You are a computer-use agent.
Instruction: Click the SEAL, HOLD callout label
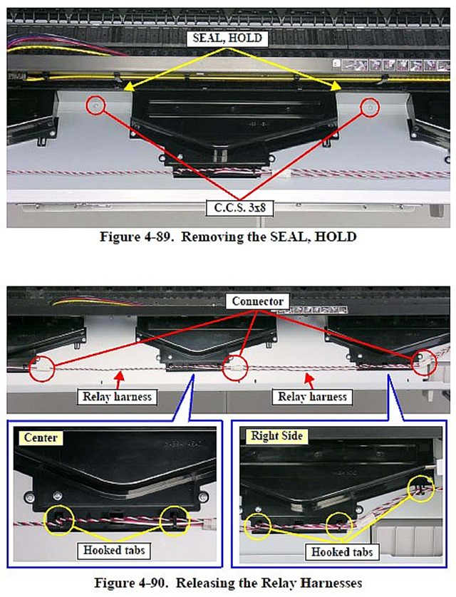[x=227, y=38]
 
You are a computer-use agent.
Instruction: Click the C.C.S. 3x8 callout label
[x=240, y=208]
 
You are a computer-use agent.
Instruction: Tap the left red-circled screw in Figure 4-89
[x=95, y=105]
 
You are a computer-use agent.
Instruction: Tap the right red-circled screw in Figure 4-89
[x=370, y=108]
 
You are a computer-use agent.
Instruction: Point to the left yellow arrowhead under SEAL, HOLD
[x=129, y=87]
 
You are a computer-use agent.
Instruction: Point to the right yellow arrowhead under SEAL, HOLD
[x=336, y=86]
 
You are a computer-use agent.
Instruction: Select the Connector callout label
[x=258, y=301]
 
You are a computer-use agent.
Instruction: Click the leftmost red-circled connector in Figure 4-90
[x=42, y=368]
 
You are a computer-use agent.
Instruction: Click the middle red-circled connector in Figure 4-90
[x=235, y=368]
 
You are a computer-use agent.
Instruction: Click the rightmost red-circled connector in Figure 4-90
[x=425, y=363]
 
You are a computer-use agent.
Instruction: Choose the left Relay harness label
[x=117, y=397]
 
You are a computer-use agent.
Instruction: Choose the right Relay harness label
[x=312, y=397]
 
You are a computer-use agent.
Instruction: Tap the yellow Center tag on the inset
[x=41, y=437]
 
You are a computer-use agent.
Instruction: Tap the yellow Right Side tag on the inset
[x=276, y=436]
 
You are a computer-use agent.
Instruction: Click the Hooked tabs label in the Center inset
[x=114, y=551]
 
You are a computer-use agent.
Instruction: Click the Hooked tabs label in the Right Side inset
[x=342, y=552]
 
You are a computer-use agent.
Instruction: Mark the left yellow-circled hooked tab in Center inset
[x=59, y=521]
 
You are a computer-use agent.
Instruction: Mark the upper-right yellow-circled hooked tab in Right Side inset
[x=421, y=489]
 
